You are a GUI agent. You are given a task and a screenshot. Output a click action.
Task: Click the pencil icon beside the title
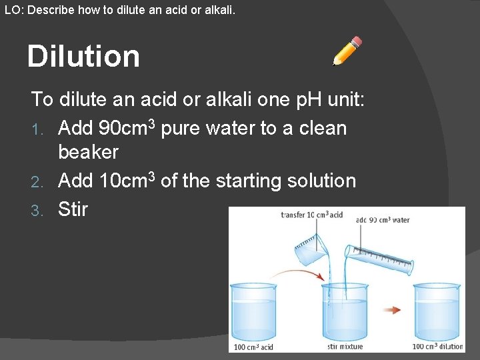point(347,51)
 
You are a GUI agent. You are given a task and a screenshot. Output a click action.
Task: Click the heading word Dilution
point(83,57)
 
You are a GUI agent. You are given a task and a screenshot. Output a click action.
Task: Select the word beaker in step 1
point(88,152)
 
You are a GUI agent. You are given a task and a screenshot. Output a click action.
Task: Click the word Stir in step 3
point(73,209)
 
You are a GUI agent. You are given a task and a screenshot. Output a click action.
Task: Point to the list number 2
point(37,181)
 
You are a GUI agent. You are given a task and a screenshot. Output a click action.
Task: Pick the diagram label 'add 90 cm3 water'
point(383,220)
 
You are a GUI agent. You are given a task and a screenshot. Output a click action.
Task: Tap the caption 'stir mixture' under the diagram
point(345,346)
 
